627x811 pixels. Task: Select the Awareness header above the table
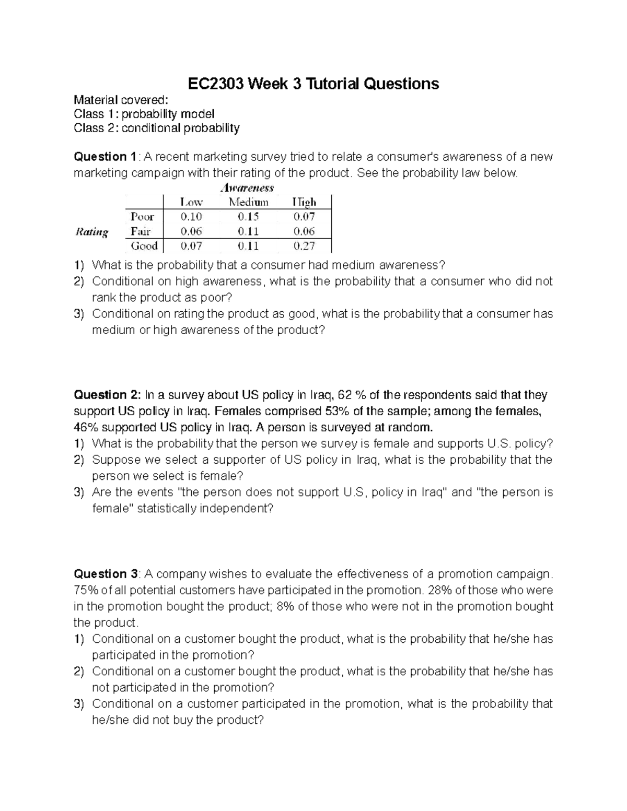click(248, 187)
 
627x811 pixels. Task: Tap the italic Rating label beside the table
click(92, 231)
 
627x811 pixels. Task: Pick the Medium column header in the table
click(248, 202)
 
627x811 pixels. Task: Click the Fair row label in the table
click(141, 231)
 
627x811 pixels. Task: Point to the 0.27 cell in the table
click(304, 246)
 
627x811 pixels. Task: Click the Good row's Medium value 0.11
click(248, 246)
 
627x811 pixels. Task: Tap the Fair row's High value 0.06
click(304, 231)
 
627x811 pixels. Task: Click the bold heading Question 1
click(105, 157)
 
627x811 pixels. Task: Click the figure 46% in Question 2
click(86, 427)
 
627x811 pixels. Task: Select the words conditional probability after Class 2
click(181, 128)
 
